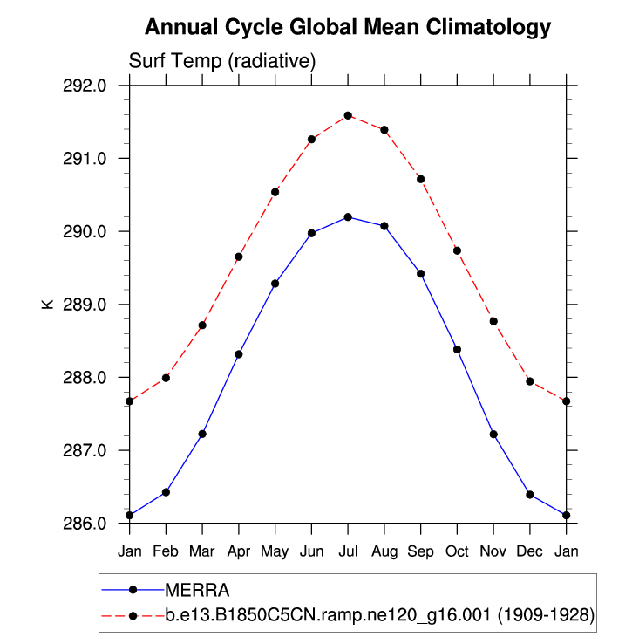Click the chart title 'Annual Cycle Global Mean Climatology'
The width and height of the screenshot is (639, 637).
click(348, 27)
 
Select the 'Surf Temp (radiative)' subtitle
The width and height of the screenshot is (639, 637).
click(221, 62)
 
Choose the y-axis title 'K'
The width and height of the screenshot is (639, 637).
click(47, 305)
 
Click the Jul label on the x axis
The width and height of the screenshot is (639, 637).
click(348, 551)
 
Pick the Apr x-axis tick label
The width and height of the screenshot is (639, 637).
click(239, 551)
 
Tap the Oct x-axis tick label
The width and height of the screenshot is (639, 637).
click(457, 551)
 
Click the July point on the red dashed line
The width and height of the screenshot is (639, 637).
click(348, 115)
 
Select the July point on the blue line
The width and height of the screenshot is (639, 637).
click(348, 216)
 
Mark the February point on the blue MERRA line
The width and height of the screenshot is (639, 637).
click(166, 492)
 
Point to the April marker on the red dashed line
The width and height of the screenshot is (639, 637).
click(239, 257)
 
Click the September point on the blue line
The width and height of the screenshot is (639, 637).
click(421, 274)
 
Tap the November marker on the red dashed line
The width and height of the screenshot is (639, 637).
click(493, 321)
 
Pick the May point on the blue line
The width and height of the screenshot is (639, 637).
click(275, 284)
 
